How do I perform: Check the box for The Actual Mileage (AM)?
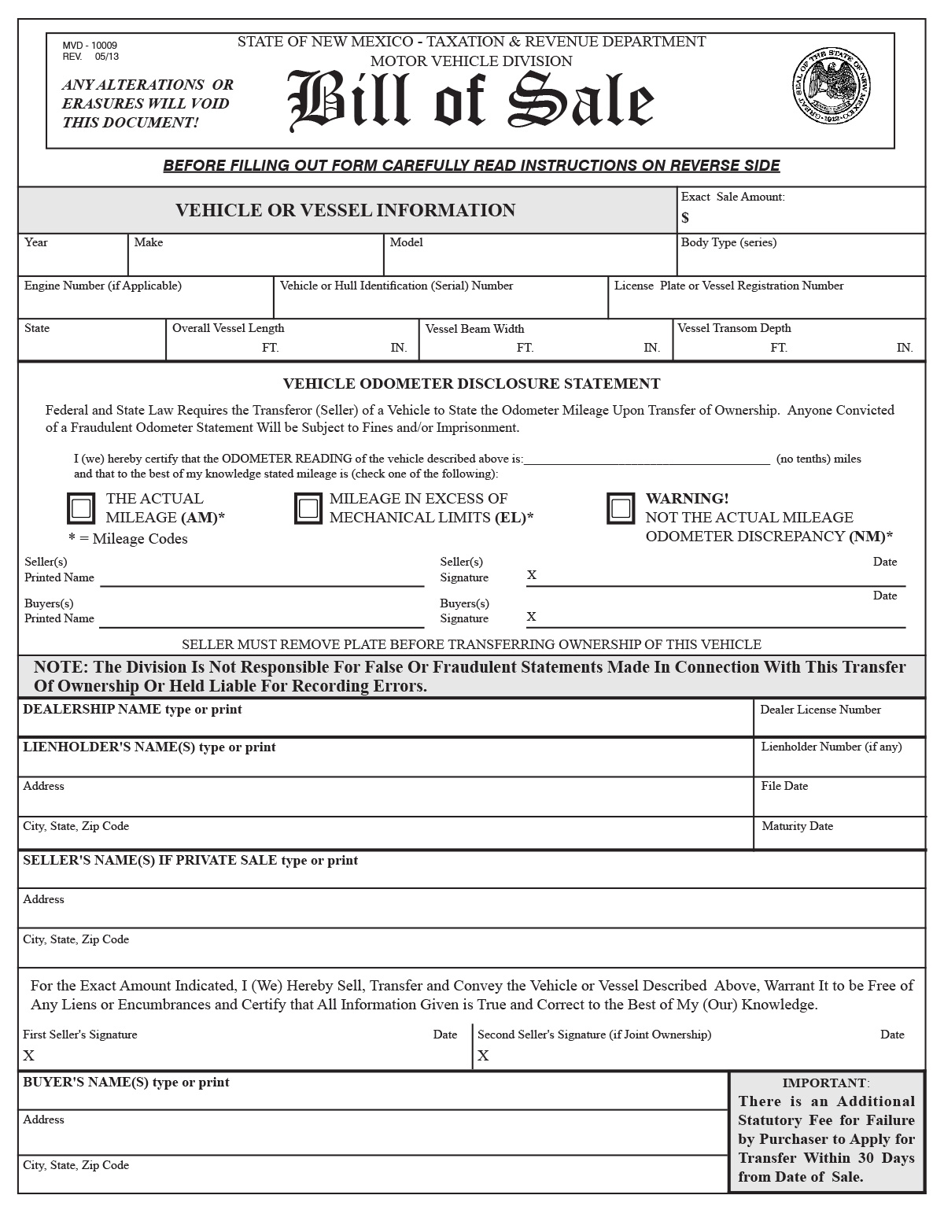81,508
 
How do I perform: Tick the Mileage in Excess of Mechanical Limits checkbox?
308,508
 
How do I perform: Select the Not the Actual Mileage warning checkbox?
621,508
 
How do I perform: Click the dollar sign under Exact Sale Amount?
685,218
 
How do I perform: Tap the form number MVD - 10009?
90,46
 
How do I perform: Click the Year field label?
36,242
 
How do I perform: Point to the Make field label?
149,242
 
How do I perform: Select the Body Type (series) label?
728,242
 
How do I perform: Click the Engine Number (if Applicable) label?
103,286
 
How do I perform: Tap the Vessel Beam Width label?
474,329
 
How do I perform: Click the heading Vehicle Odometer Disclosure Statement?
471,384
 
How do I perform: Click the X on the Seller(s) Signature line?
532,575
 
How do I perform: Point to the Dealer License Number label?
820,710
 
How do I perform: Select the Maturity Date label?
797,826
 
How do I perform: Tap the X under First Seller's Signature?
29,1055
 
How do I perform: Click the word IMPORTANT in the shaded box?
825,1083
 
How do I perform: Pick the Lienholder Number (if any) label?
832,747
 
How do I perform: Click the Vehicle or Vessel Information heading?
345,210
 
